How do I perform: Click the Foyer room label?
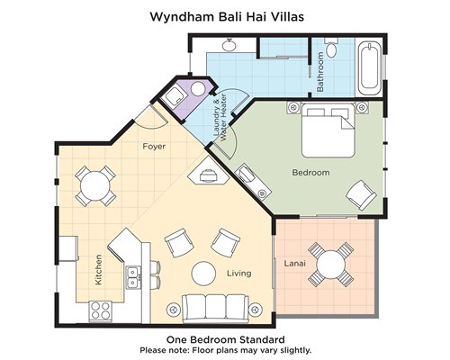click(x=154, y=147)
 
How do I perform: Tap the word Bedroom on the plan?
click(x=310, y=173)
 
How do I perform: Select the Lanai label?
click(x=295, y=264)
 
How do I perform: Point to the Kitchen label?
click(x=98, y=270)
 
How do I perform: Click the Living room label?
click(x=239, y=274)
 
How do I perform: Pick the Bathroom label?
click(x=320, y=72)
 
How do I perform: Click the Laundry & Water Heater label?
click(x=220, y=118)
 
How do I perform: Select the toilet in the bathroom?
click(x=332, y=48)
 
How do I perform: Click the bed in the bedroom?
click(x=328, y=130)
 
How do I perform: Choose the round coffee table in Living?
click(x=203, y=274)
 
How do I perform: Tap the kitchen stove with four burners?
click(x=100, y=310)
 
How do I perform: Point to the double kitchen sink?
click(x=132, y=277)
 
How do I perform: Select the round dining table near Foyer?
click(x=95, y=186)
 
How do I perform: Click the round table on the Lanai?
click(x=331, y=265)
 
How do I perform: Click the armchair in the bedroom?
click(x=361, y=195)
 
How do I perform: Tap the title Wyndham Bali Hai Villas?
click(x=227, y=17)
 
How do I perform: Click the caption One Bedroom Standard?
click(x=226, y=339)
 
